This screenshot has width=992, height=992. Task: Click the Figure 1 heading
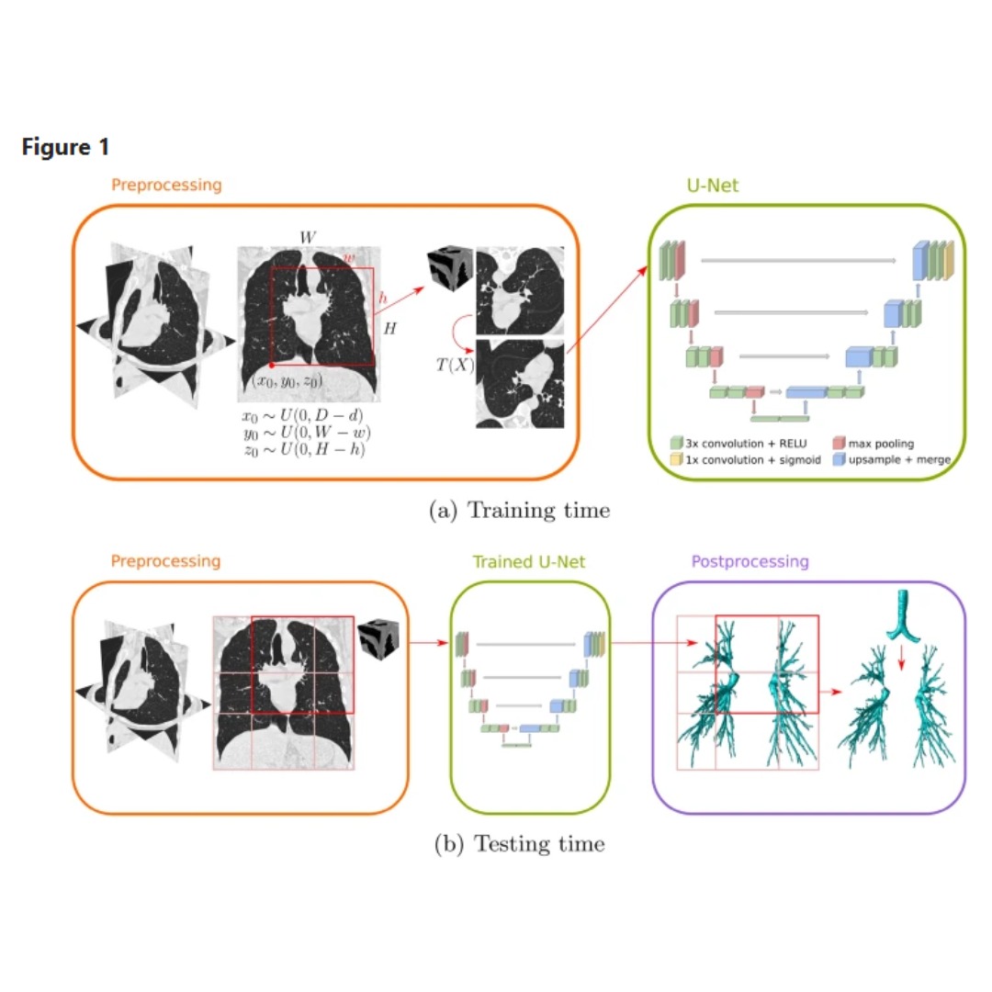pos(66,147)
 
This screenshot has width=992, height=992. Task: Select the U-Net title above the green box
pos(713,186)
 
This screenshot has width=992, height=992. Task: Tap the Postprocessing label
pos(750,561)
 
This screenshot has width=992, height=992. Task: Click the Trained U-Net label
pos(529,561)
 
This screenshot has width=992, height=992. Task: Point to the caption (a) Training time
pos(519,510)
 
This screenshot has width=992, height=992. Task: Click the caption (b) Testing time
pos(519,843)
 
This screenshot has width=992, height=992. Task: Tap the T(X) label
pos(455,365)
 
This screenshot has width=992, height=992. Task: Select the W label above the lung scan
pos(308,237)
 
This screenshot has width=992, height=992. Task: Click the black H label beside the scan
pos(389,328)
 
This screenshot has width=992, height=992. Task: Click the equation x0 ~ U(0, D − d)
pos(302,416)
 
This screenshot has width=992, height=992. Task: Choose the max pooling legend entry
pos(874,443)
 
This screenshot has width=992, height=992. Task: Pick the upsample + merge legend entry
pos(892,459)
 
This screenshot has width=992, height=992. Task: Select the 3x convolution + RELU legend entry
pos(738,443)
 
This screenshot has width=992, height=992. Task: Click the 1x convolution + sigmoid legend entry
pos(745,459)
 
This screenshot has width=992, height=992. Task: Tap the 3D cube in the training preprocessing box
pos(450,267)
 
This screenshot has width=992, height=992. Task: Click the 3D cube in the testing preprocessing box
pos(378,639)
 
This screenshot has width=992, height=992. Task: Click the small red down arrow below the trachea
pos(902,658)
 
